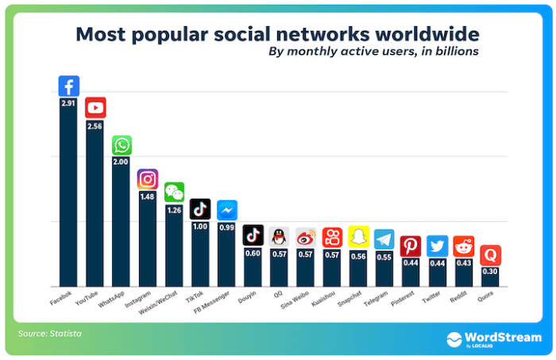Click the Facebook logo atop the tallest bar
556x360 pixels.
click(69, 86)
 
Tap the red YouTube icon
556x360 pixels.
click(95, 107)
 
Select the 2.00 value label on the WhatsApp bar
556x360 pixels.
click(122, 161)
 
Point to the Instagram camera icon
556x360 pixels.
click(148, 180)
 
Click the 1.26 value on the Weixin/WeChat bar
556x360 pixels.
click(174, 210)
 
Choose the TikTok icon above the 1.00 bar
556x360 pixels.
click(200, 209)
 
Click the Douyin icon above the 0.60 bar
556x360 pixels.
click(253, 234)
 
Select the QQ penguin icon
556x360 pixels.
click(279, 236)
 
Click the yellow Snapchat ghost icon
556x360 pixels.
click(357, 237)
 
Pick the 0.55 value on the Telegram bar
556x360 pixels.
click(384, 256)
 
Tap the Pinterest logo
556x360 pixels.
click(410, 246)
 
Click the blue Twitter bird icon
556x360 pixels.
click(436, 246)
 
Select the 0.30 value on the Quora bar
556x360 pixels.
click(489, 271)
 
